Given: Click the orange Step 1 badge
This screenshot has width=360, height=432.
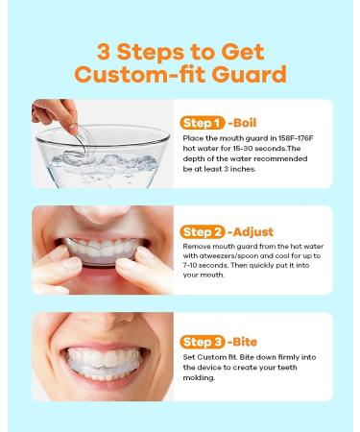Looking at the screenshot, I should [x=201, y=123].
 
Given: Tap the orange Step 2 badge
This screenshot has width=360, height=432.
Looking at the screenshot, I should [x=201, y=231].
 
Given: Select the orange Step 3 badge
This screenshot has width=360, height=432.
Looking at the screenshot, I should [x=201, y=342].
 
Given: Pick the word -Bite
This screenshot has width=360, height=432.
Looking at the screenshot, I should [x=243, y=342].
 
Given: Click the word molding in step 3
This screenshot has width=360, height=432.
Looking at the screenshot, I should [x=203, y=376].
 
